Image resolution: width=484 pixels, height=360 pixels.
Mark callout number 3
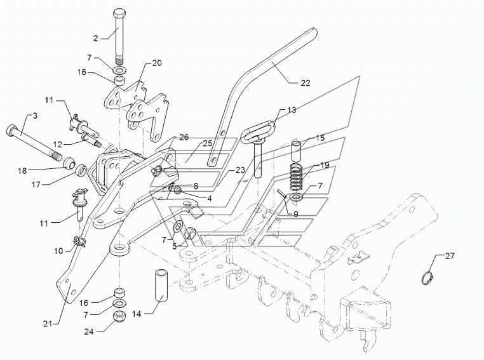(36, 116)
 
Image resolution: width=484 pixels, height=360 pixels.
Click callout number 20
(157, 63)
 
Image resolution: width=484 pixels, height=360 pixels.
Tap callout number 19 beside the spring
(324, 165)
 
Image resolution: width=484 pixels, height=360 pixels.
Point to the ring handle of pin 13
(260, 135)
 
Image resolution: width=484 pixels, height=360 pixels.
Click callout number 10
(58, 251)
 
